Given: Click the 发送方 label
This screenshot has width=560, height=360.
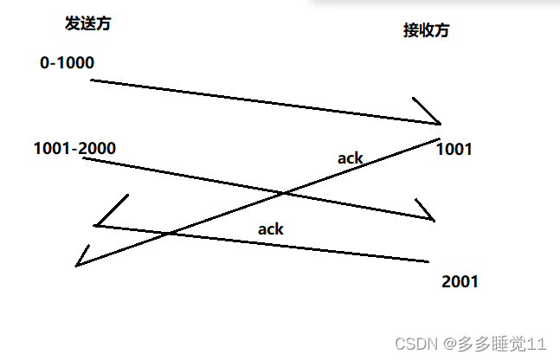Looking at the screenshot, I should [x=88, y=23].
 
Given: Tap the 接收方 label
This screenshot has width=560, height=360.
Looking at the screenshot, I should [x=426, y=30].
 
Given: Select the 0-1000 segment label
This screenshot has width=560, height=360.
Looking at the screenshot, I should [x=67, y=63].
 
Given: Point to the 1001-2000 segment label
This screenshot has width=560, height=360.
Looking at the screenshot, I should [x=74, y=148].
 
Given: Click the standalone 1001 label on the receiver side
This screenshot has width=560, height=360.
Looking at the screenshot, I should [x=454, y=150].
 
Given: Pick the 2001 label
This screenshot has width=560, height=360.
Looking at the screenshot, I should [x=460, y=281].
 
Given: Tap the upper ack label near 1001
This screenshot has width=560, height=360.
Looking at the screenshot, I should [x=351, y=157].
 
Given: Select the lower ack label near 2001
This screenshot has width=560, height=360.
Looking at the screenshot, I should [x=271, y=230].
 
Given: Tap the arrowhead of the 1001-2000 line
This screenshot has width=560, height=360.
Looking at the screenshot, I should [x=433, y=219].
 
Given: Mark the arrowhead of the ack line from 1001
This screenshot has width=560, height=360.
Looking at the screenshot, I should [x=78, y=265].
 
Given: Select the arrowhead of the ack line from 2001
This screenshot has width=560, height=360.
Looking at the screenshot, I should [x=94, y=226].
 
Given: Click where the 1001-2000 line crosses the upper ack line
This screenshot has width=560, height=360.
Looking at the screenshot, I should [x=283, y=192].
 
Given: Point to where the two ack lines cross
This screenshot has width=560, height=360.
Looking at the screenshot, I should [x=170, y=233].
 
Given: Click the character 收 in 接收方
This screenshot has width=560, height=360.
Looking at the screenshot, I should [x=426, y=30].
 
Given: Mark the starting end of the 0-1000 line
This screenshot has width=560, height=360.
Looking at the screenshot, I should [x=91, y=80].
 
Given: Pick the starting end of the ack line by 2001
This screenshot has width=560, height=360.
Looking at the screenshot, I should [x=428, y=260].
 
